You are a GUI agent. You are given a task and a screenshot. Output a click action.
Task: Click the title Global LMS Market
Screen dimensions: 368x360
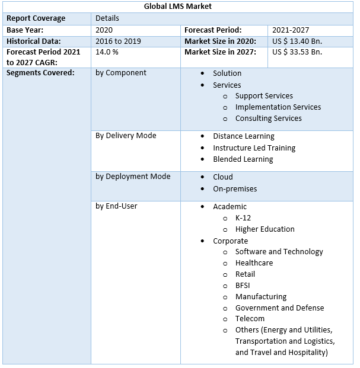click(x=177, y=7)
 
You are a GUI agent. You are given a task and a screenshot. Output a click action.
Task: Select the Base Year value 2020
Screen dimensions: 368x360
click(x=104, y=30)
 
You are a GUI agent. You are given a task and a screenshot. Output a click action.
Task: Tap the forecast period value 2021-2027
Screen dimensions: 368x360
click(x=291, y=30)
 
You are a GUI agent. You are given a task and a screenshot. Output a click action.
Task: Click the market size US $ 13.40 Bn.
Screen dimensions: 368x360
click(x=297, y=41)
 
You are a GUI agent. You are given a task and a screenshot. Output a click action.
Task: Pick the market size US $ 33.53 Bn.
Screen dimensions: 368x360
click(x=297, y=52)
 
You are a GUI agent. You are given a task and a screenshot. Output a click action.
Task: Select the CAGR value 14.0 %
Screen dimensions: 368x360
click(x=107, y=52)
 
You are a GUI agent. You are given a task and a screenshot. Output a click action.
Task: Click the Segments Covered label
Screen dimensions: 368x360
click(x=40, y=73)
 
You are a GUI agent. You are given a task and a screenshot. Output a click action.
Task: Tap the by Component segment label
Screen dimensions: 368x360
click(x=121, y=73)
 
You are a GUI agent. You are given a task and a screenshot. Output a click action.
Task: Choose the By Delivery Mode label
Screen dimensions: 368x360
click(x=126, y=136)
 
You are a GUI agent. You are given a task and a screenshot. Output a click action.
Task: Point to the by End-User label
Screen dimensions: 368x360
click(x=117, y=206)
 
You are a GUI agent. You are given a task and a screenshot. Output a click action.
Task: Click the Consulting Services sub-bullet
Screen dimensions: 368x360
click(x=268, y=118)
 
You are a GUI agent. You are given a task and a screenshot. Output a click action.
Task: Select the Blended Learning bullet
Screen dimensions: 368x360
click(x=243, y=159)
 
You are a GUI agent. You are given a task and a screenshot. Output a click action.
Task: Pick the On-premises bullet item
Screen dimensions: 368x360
click(x=235, y=188)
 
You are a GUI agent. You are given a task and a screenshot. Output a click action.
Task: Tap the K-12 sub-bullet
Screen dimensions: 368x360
click(x=243, y=217)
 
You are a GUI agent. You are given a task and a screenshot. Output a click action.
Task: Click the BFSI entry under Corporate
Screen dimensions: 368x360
click(x=242, y=285)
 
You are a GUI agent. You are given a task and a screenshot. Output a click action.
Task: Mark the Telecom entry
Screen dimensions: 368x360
click(x=250, y=319)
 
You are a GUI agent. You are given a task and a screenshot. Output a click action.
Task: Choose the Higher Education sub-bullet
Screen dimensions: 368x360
click(x=265, y=229)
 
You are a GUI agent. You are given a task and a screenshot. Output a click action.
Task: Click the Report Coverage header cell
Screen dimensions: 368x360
click(x=36, y=18)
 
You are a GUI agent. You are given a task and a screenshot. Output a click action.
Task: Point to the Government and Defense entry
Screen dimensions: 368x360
click(x=279, y=308)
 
